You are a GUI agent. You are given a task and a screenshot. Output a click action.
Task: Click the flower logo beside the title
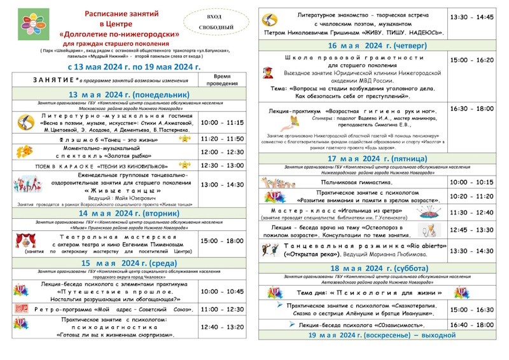pos(29,23)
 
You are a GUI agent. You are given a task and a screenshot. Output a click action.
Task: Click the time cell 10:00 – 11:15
pos(222,122)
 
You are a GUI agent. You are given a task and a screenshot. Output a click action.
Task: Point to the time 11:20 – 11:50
pos(222,138)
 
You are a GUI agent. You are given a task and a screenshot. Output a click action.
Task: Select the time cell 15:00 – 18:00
pos(222,241)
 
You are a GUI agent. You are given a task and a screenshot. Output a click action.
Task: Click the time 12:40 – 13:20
pos(222,327)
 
